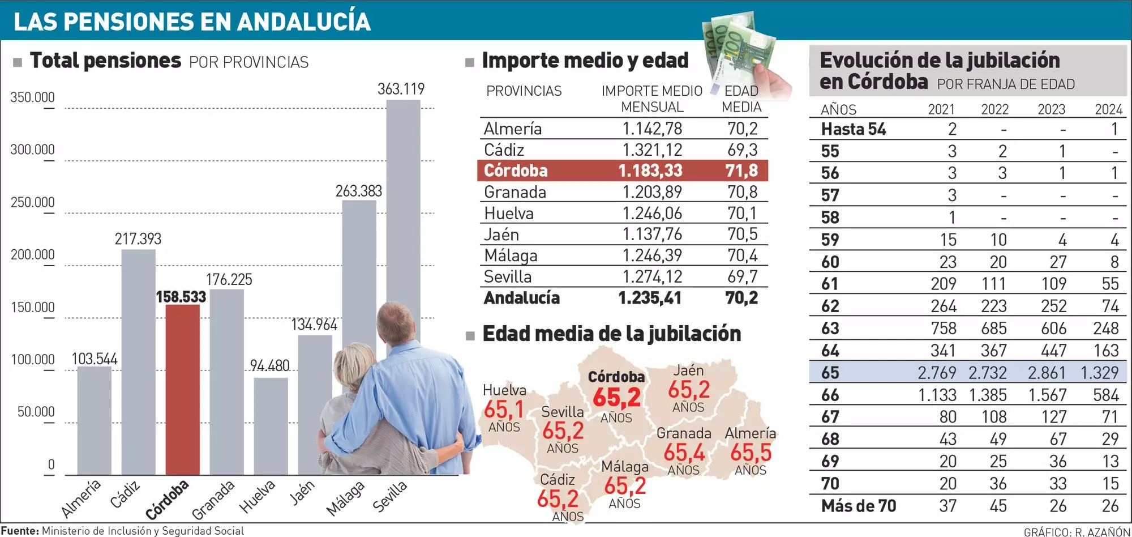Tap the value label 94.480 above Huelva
point(269,366)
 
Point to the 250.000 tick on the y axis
point(33,202)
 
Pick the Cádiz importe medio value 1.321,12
point(652,150)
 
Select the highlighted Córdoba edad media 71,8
point(741,171)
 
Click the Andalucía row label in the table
point(521,298)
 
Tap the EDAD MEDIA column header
point(741,99)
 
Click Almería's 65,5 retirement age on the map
point(751,453)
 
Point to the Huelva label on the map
point(504,390)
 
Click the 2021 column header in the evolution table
point(941,109)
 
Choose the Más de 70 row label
point(859,506)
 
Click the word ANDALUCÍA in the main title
point(303,22)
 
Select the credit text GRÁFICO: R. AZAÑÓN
point(1077,532)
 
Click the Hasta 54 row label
point(854,129)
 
